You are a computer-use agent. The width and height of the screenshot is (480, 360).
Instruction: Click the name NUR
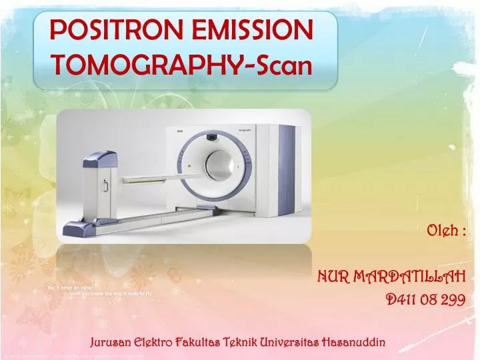(332, 276)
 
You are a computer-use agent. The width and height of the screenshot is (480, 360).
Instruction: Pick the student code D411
(401, 300)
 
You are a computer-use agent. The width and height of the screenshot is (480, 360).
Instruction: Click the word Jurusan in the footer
(111, 343)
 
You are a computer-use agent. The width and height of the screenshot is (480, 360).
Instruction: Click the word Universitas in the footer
(289, 343)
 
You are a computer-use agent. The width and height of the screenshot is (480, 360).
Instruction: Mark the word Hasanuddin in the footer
(353, 343)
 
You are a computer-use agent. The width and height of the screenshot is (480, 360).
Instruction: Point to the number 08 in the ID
(429, 300)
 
